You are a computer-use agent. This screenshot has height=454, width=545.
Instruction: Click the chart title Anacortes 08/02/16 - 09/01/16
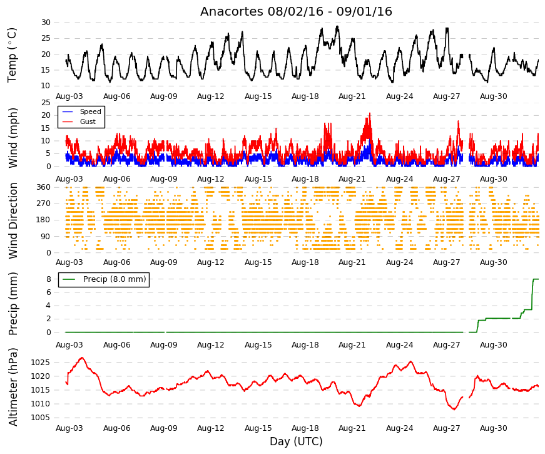pyautogui.click(x=296, y=11)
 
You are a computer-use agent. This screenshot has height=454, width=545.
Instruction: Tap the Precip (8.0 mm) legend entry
pyautogui.click(x=104, y=279)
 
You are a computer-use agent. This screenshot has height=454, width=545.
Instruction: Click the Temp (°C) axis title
pyautogui.click(x=12, y=55)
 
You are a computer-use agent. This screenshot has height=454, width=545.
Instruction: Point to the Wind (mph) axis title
pyautogui.click(x=13, y=138)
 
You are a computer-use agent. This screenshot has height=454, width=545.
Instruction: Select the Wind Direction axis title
pyautogui.click(x=13, y=221)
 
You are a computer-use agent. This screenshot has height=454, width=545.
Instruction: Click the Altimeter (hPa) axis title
pyautogui.click(x=13, y=387)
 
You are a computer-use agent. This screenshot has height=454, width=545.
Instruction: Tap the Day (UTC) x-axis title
pyautogui.click(x=296, y=441)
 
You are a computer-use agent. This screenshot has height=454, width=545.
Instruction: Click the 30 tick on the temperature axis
pyautogui.click(x=46, y=23)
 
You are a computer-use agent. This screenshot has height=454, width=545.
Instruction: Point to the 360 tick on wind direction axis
pyautogui.click(x=44, y=187)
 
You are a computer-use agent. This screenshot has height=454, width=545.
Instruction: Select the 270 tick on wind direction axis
pyautogui.click(x=44, y=204)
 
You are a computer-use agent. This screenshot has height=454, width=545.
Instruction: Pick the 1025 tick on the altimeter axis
pyautogui.click(x=40, y=363)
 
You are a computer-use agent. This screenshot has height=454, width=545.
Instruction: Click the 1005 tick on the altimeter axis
pyautogui.click(x=40, y=418)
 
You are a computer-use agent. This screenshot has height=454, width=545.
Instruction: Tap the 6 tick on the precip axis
pyautogui.click(x=49, y=292)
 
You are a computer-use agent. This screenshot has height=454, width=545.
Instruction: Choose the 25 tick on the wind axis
pyautogui.click(x=46, y=103)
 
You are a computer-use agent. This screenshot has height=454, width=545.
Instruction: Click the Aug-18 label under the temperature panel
pyautogui.click(x=305, y=96)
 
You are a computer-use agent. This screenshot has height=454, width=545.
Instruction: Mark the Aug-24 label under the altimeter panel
pyautogui.click(x=399, y=428)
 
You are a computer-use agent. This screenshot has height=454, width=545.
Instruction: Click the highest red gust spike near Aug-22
pyautogui.click(x=370, y=113)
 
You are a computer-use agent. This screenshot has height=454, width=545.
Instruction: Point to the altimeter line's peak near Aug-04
pyautogui.click(x=82, y=358)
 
